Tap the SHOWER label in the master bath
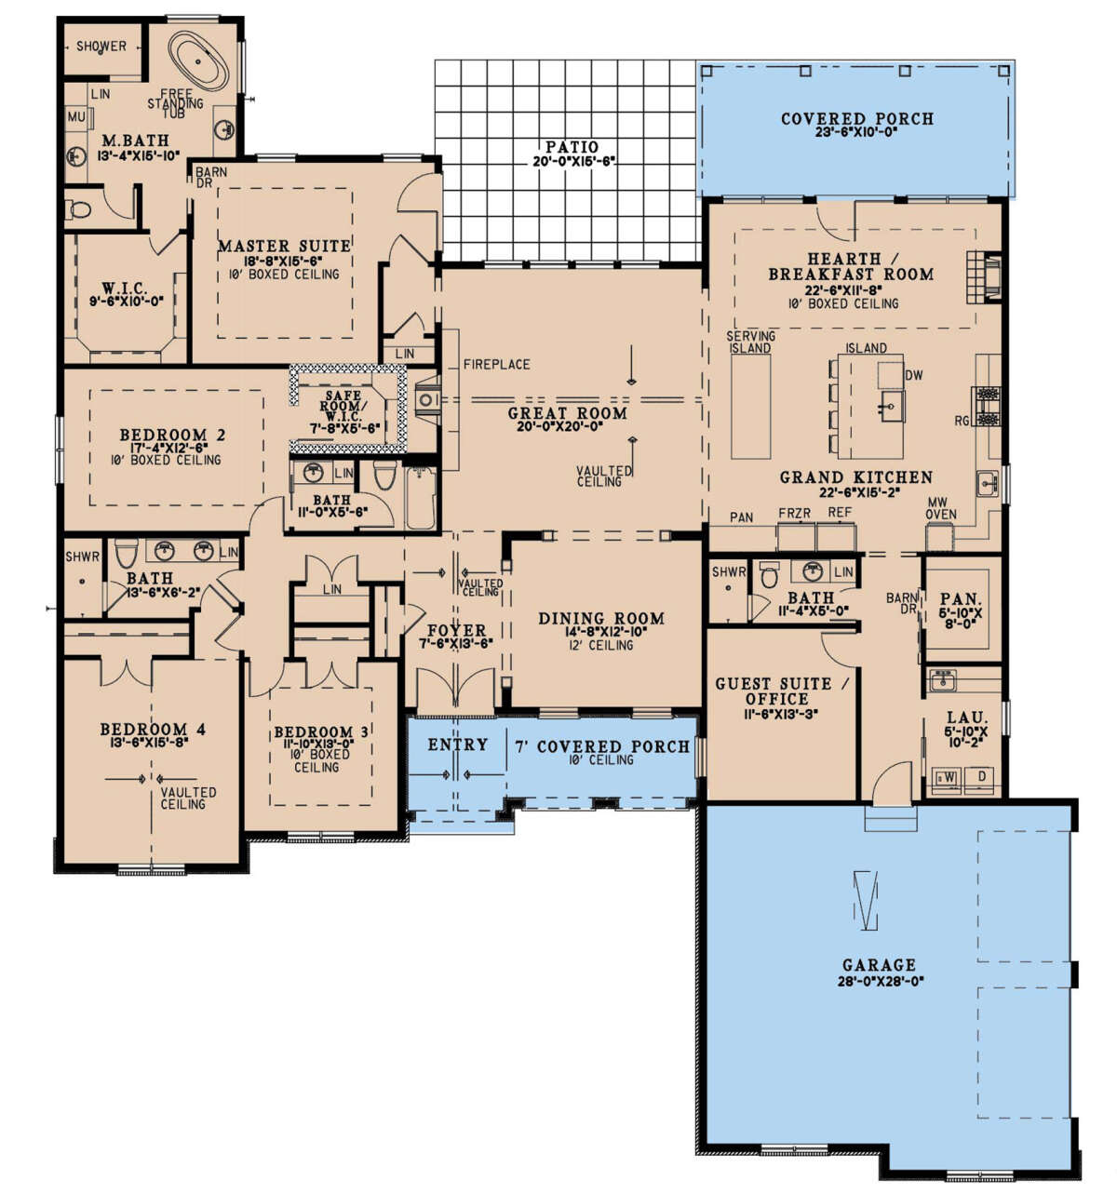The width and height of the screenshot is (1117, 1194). tap(101, 47)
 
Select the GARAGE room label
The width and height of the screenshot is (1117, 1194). tap(878, 965)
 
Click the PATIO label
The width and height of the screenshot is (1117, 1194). tap(572, 147)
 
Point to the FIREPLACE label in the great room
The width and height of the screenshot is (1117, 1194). tap(496, 364)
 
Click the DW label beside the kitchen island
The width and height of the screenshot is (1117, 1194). tap(913, 376)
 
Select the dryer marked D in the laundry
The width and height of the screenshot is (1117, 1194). tap(982, 777)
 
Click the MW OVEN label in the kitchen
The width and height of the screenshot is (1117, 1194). tap(940, 509)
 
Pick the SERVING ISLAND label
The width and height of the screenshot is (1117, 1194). tap(750, 342)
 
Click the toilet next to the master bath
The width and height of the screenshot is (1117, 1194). tap(78, 209)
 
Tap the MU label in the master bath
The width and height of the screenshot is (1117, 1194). tap(76, 116)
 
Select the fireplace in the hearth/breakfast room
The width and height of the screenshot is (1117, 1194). tap(985, 277)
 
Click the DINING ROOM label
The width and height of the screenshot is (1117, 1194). tap(601, 619)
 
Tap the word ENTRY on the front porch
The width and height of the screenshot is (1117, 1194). tap(457, 745)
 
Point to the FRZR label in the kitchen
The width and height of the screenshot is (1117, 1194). tap(794, 514)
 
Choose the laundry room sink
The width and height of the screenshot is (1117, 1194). tap(943, 681)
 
